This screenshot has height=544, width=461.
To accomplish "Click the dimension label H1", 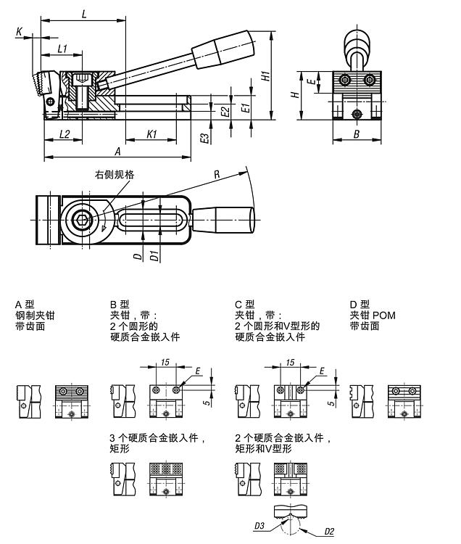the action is (265, 76).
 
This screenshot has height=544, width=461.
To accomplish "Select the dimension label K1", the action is (151, 134).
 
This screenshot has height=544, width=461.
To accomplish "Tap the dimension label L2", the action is (65, 134).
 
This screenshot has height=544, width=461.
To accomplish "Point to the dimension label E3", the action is (205, 138).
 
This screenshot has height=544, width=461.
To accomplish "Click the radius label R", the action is (217, 174).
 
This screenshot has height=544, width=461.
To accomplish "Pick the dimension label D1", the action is (155, 256).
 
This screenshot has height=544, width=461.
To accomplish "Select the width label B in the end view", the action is (357, 134).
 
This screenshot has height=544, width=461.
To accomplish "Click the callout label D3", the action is (259, 526).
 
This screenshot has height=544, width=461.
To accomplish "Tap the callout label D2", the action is (329, 531).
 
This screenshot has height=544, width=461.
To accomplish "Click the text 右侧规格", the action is (115, 175).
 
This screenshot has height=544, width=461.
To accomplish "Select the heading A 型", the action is (25, 305).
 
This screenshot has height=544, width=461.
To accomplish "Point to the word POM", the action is (384, 316).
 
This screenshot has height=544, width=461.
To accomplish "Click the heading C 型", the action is (244, 305).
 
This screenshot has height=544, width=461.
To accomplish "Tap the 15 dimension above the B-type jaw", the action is (165, 362).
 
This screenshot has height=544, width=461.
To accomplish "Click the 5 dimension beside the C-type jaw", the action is (332, 403).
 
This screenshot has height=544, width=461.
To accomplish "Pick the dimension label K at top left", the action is (19, 32).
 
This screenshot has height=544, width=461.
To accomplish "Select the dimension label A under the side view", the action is (118, 152).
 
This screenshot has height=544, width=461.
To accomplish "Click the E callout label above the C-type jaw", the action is (321, 371).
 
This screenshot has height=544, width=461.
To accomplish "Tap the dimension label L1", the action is (62, 49).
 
